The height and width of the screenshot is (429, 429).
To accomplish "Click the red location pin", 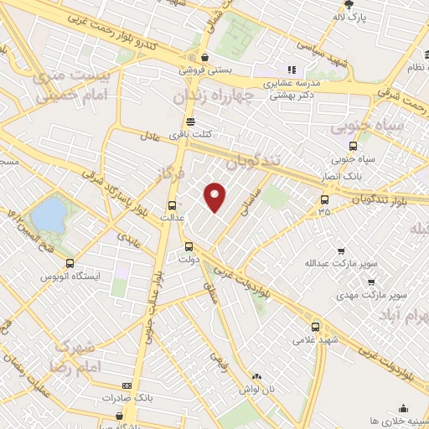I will (215, 196).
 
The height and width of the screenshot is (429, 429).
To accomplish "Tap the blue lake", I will (49, 214).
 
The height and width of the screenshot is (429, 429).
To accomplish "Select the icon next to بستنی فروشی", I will (194, 58).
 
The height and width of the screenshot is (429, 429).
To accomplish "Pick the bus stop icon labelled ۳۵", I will (324, 199).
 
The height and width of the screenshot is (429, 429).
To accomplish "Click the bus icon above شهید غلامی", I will (314, 327).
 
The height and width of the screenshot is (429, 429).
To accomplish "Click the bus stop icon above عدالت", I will (172, 205).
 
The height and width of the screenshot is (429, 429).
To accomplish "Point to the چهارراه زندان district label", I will (213, 97).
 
